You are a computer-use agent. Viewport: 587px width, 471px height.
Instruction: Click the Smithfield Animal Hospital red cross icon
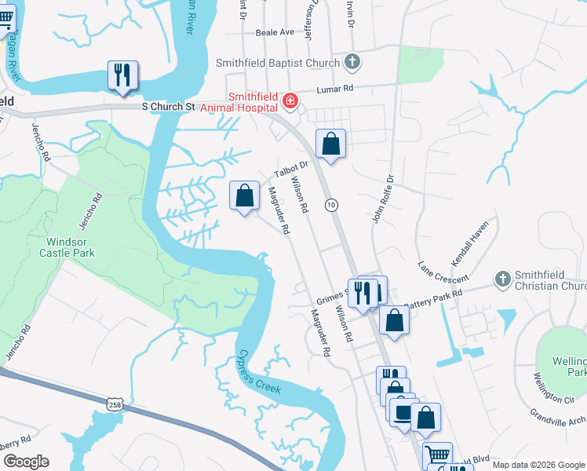coord(290,100)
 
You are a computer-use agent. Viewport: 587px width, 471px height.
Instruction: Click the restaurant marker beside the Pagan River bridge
coord(122,75)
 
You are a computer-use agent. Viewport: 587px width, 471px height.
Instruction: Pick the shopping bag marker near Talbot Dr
coord(331,144)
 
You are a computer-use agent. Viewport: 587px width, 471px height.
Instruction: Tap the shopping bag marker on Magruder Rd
coord(245,194)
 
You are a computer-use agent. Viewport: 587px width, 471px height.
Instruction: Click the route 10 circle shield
coord(332,205)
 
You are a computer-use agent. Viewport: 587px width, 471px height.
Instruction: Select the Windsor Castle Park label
coord(67,247)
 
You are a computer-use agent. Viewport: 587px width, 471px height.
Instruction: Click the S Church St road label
coord(167,106)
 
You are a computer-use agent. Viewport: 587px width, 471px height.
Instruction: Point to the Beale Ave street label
coord(275,32)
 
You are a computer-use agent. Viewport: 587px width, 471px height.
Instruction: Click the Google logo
coord(26,462)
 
